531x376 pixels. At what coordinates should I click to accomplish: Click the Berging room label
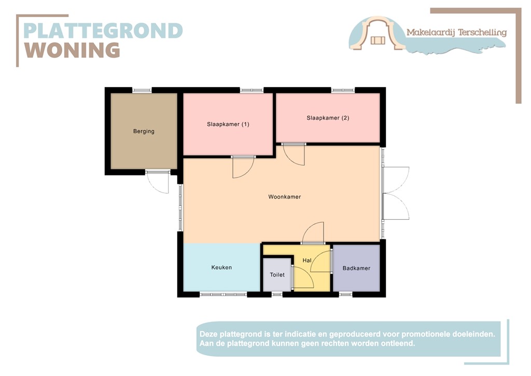[144, 131]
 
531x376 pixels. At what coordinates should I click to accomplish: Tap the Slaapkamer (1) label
[228, 124]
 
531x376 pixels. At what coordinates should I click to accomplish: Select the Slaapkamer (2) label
[328, 118]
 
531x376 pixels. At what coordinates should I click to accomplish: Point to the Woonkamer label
[284, 197]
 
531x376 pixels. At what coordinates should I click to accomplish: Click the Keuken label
[221, 267]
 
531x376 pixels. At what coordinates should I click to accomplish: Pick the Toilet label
[277, 275]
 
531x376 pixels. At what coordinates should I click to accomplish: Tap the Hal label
[306, 260]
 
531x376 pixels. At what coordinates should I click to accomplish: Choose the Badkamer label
[356, 268]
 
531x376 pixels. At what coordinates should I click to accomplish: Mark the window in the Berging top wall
[142, 90]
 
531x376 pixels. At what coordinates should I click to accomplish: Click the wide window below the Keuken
[223, 294]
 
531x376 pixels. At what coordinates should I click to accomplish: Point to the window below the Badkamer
[346, 294]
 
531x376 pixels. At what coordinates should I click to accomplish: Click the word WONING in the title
[72, 50]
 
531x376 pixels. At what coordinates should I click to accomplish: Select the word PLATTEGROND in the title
[103, 31]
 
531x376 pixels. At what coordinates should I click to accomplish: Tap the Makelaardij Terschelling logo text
[456, 32]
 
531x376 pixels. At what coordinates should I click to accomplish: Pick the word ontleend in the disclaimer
[397, 343]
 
